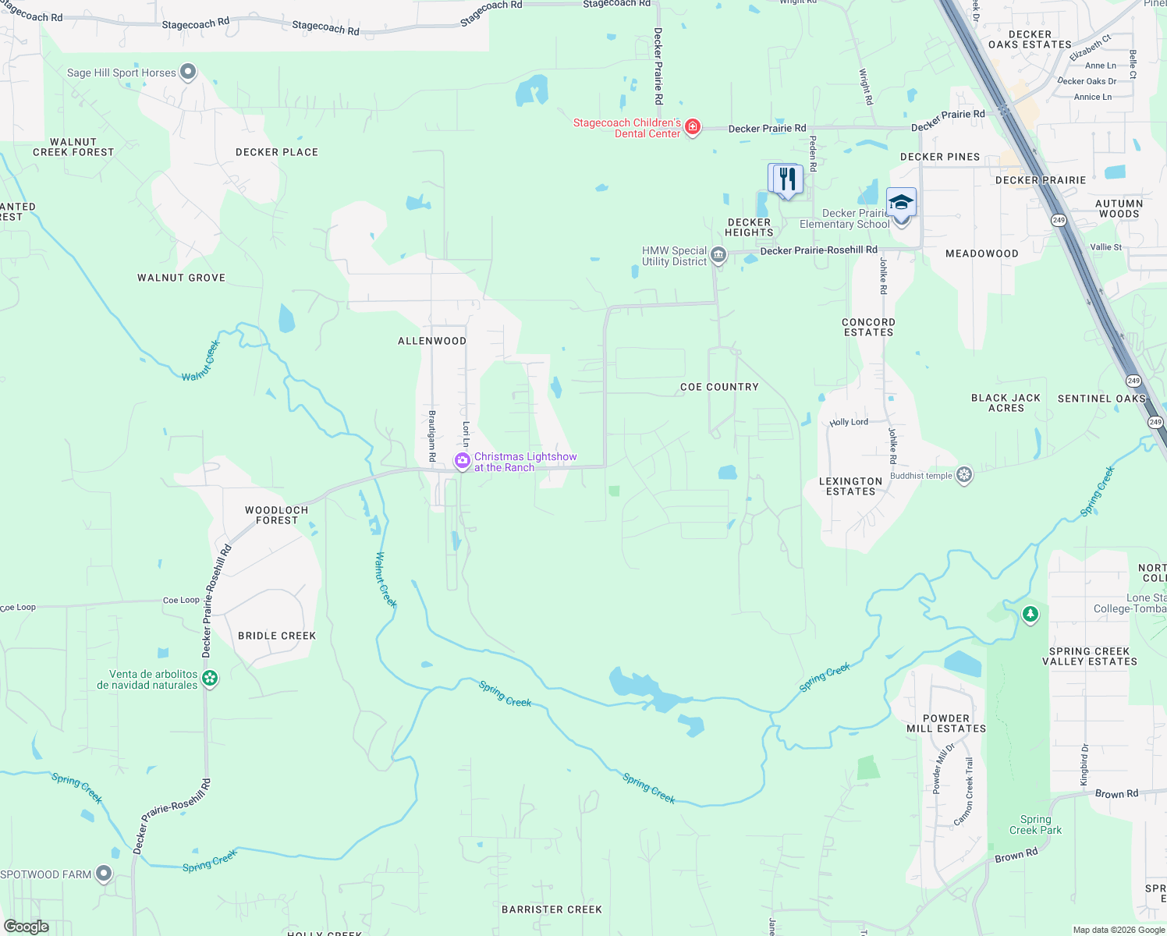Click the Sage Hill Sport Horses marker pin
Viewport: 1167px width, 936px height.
(187, 73)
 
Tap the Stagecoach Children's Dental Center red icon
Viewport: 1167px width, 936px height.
(692, 127)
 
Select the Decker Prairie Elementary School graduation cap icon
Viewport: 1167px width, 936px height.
(901, 203)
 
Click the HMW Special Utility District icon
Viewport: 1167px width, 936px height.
(718, 255)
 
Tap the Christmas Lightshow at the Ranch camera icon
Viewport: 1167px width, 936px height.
(463, 462)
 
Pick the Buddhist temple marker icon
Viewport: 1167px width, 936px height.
(964, 475)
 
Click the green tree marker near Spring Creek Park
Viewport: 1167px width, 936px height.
(1030, 615)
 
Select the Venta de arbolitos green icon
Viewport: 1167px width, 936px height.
(210, 679)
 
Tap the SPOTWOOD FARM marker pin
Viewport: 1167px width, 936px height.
(104, 874)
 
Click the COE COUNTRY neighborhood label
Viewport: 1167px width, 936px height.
(719, 387)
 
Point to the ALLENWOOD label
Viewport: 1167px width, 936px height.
(432, 341)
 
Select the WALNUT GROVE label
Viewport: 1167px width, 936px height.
(181, 278)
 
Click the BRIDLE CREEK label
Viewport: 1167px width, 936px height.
(277, 636)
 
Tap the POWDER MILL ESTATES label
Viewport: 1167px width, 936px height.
(946, 723)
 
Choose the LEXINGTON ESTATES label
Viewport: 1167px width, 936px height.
(851, 486)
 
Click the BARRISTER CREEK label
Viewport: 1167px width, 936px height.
(552, 909)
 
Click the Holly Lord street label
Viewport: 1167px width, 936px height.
(849, 422)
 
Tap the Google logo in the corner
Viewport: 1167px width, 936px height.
(27, 926)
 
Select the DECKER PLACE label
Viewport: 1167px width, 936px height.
(277, 152)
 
